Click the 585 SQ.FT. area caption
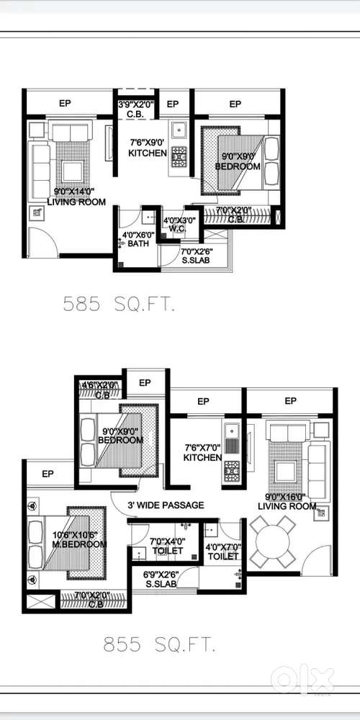(119, 305)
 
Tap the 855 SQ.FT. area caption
(159, 645)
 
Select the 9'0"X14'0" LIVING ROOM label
(76, 197)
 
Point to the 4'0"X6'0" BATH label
(138, 239)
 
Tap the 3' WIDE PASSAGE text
(166, 505)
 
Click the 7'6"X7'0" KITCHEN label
(202, 453)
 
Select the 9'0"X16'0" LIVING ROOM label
(287, 501)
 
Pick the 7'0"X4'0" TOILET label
(168, 546)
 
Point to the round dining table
(273, 541)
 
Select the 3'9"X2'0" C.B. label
(136, 109)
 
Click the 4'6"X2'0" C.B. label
(99, 390)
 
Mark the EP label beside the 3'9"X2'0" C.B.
(173, 104)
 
